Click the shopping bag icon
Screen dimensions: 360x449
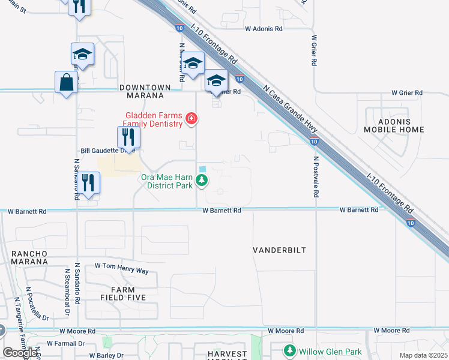(66, 82)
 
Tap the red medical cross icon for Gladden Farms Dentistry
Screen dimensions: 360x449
(191, 119)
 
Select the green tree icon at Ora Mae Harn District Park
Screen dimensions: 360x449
(203, 181)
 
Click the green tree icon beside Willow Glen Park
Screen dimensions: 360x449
(291, 350)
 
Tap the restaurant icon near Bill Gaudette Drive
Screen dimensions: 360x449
(128, 137)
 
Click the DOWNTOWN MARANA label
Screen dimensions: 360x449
(142, 91)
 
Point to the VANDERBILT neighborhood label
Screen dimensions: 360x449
(279, 250)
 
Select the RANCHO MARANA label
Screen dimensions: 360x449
(29, 257)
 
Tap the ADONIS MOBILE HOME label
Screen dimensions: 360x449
(393, 125)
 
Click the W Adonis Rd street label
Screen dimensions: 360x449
(264, 29)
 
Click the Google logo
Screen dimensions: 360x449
(20, 353)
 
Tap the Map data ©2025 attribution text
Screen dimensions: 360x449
(423, 355)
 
